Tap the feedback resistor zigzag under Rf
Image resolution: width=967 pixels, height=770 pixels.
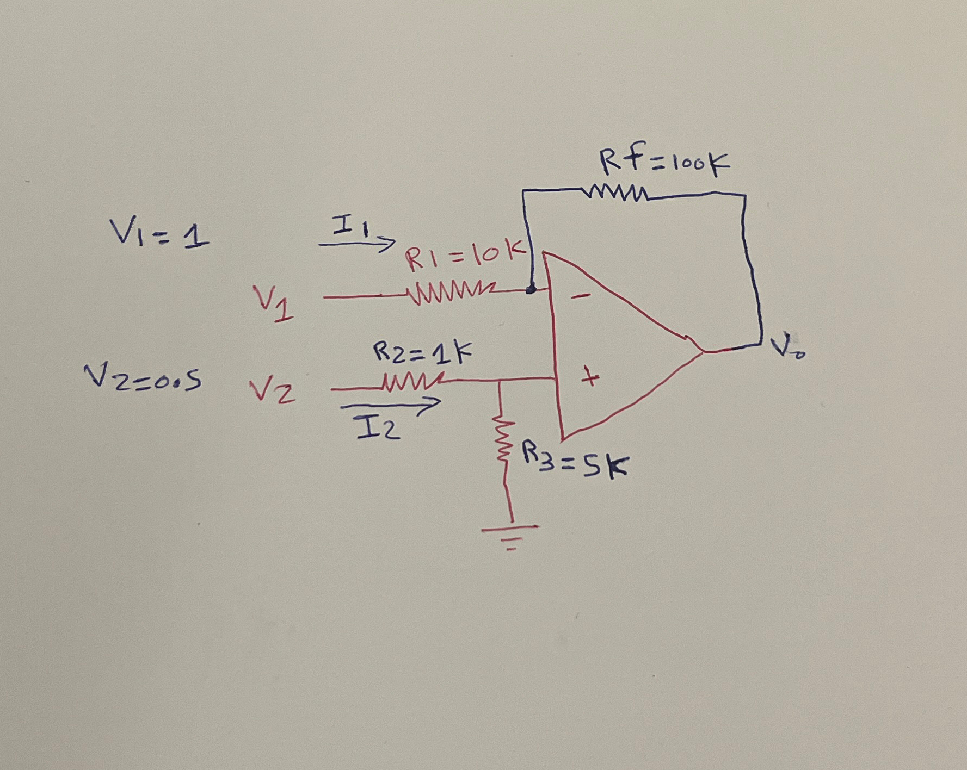click(615, 193)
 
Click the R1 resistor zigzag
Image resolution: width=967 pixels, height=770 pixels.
click(452, 294)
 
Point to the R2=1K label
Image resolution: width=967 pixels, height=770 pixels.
click(422, 353)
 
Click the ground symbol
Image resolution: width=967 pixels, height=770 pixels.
click(510, 536)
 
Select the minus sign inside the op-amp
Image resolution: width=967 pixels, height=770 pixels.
click(582, 296)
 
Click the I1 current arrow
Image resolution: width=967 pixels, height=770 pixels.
click(357, 244)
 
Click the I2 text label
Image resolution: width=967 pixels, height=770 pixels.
click(378, 427)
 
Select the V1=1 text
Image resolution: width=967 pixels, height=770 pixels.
click(159, 234)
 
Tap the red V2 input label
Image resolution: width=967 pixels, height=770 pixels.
click(272, 392)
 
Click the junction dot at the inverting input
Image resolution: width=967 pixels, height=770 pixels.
click(531, 290)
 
